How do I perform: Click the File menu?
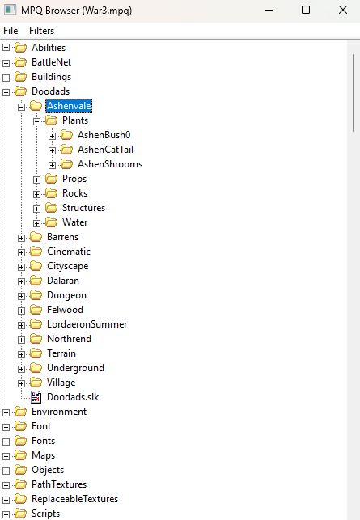[x=11, y=31]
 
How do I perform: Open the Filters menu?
[x=41, y=31]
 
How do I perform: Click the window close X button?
[x=343, y=10]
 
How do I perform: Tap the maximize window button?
[x=306, y=10]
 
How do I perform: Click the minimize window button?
[x=269, y=11]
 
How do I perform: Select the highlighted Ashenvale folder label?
[x=69, y=106]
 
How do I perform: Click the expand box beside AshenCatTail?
[x=52, y=150]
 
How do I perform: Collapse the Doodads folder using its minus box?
[x=6, y=92]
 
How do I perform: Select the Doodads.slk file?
[x=73, y=397]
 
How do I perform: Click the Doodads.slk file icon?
[x=36, y=397]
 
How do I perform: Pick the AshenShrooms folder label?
[x=110, y=164]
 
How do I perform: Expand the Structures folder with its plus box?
[x=37, y=209]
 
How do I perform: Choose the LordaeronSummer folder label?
[x=87, y=324]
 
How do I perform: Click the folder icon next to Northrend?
[x=36, y=339]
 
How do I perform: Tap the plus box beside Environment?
[x=6, y=412]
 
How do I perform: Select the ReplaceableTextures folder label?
[x=74, y=499]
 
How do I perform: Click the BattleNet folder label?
[x=52, y=62]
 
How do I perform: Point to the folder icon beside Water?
[x=52, y=222]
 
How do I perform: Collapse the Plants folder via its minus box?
[x=37, y=121]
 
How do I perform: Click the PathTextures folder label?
[x=59, y=484]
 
